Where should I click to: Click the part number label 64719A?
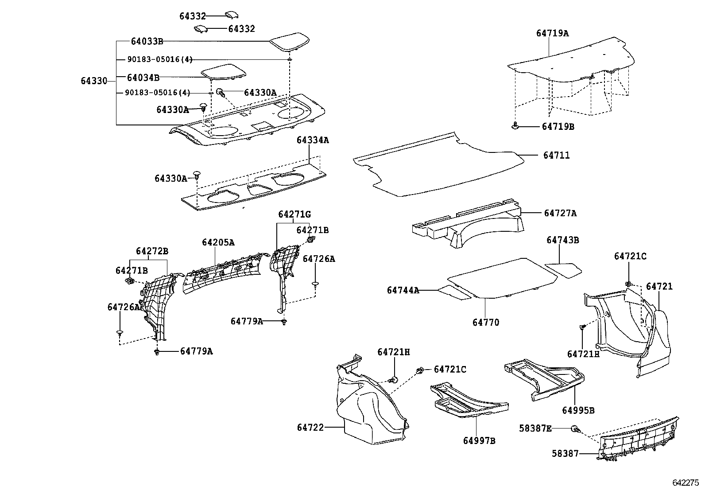552,33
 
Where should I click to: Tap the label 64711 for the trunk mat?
556,156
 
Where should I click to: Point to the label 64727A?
560,213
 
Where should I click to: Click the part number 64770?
485,323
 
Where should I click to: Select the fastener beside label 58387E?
575,429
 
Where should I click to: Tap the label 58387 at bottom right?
565,454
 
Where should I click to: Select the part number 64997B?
479,440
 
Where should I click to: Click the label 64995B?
578,410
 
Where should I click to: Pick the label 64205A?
218,242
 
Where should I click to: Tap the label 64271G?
294,214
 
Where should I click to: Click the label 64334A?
313,140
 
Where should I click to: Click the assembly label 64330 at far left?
94,81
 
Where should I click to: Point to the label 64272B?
152,251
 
